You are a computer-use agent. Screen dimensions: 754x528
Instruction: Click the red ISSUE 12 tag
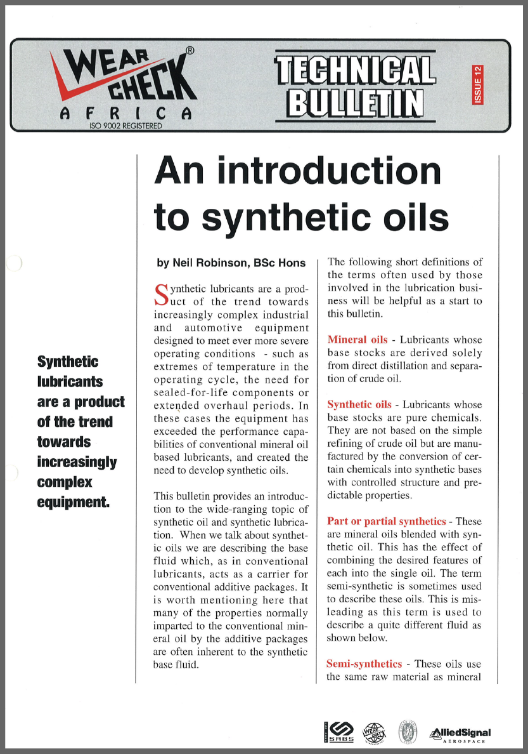click(x=477, y=84)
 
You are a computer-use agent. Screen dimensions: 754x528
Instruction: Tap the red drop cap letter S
click(x=161, y=293)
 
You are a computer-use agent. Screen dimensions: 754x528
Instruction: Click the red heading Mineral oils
click(x=357, y=340)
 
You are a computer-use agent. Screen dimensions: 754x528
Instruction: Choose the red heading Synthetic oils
click(x=359, y=404)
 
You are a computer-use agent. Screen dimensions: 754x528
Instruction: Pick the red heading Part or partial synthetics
click(x=386, y=521)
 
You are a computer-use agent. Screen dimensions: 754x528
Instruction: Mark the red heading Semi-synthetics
click(x=364, y=664)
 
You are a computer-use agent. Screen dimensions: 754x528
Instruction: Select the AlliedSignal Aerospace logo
click(x=461, y=734)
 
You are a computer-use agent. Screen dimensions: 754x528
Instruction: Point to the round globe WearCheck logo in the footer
click(x=373, y=733)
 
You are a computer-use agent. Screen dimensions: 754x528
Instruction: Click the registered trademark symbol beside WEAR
click(x=190, y=49)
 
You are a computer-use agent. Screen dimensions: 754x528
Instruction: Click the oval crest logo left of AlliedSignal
click(x=408, y=733)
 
